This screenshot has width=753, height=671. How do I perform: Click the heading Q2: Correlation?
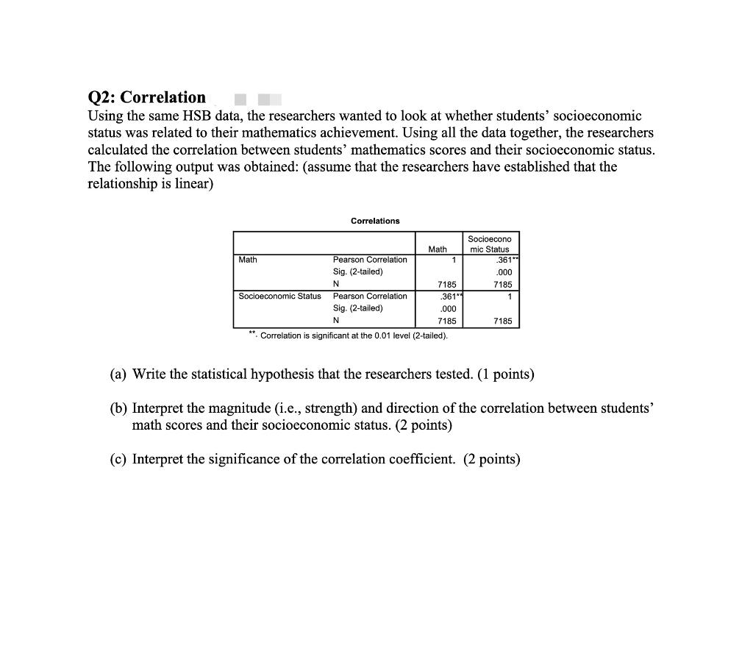[x=147, y=97]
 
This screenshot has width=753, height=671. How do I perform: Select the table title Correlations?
[x=375, y=221]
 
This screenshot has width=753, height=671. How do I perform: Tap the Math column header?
[x=438, y=249]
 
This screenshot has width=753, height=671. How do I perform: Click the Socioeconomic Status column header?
[x=490, y=244]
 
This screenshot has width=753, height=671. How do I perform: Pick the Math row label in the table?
[x=248, y=260]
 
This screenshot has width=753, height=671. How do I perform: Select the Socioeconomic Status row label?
[x=279, y=297]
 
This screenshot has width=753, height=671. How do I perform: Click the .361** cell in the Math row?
[x=504, y=260]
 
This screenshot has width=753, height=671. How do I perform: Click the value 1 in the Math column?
[x=454, y=260]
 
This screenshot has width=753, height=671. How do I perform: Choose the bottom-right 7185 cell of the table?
[x=503, y=322]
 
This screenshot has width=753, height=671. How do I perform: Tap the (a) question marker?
[x=118, y=374]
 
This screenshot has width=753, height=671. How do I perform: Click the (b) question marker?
[x=118, y=408]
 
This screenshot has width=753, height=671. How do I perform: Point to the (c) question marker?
[x=118, y=460]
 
